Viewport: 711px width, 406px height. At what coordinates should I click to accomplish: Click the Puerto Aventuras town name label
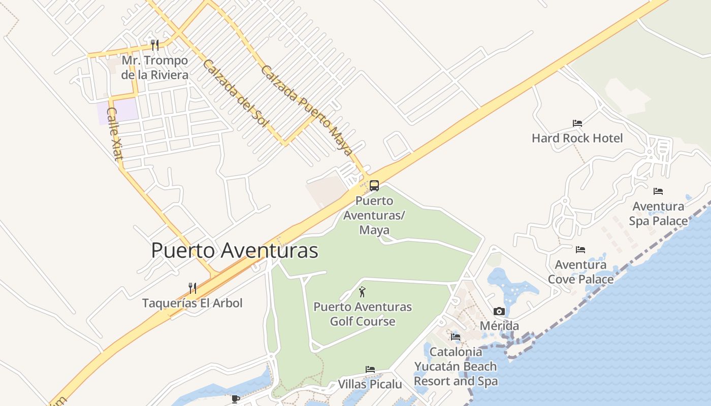tap(235, 251)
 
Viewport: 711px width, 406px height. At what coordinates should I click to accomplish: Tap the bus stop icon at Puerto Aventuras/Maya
tap(374, 186)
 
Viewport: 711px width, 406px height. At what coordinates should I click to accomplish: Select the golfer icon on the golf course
tap(362, 292)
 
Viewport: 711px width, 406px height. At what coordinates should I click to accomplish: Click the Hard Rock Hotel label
tap(577, 138)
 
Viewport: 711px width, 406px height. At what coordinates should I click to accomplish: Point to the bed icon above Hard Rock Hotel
tap(577, 123)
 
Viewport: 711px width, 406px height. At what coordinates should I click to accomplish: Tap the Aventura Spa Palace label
tap(658, 214)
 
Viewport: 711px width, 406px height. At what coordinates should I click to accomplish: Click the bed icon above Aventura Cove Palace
tap(580, 250)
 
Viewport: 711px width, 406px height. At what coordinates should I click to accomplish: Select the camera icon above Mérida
tap(499, 312)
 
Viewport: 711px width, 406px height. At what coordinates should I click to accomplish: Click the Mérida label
tap(499, 326)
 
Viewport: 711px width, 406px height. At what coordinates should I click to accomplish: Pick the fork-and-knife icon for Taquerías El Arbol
tap(192, 288)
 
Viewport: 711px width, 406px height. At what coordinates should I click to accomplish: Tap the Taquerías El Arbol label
tap(192, 303)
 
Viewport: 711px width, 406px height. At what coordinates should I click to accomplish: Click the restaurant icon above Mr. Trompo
tap(155, 45)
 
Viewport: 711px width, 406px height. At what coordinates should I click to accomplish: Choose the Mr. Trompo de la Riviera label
tap(154, 67)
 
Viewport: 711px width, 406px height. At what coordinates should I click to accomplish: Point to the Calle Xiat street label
tap(115, 133)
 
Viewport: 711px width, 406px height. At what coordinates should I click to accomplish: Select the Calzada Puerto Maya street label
tap(306, 110)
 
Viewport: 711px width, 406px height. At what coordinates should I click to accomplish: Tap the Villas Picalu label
tap(370, 384)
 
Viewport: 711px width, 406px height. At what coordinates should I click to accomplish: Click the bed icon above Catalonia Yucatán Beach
tap(455, 336)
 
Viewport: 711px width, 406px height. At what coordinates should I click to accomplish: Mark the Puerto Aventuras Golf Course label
tap(363, 314)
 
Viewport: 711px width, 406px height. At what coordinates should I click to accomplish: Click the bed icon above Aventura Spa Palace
tap(658, 191)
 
